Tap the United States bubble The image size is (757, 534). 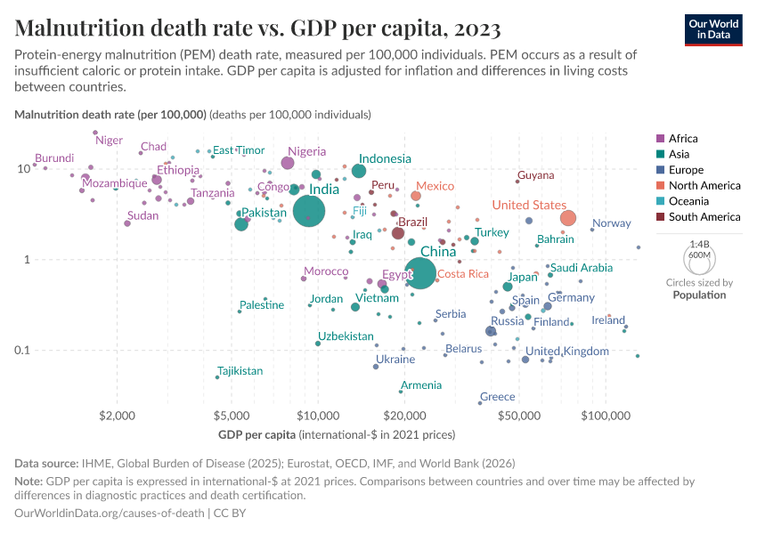[568, 218]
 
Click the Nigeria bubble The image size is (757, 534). [288, 163]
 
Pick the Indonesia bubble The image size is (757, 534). [359, 171]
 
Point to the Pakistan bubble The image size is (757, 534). [241, 224]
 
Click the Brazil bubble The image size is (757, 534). [398, 233]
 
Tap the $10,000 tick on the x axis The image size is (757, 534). [318, 416]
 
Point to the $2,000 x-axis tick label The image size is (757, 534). [117, 416]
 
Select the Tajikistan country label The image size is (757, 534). [240, 370]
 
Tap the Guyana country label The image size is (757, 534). [535, 175]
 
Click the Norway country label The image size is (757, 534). [611, 223]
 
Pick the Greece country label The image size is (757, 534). [497, 397]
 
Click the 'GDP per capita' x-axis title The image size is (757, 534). [257, 435]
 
